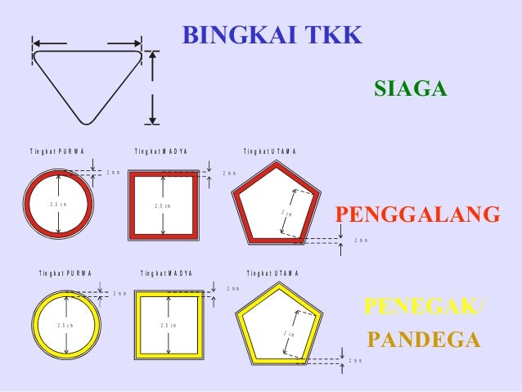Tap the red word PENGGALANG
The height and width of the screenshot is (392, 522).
[417, 214]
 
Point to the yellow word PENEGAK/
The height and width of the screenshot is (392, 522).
[424, 307]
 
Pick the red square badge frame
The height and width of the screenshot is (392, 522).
[134, 205]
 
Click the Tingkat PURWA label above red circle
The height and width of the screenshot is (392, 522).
[56, 151]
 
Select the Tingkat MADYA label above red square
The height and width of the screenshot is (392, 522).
[161, 151]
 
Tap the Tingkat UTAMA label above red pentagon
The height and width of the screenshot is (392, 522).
[270, 151]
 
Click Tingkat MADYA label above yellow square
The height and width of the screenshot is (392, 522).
[166, 273]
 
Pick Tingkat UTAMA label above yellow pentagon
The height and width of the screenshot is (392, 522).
[272, 273]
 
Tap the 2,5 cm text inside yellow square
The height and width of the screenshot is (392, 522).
[170, 326]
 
